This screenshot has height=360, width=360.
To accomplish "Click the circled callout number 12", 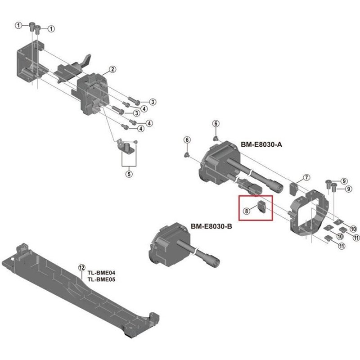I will [x=81, y=267].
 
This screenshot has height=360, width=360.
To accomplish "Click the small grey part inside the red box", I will [x=262, y=207].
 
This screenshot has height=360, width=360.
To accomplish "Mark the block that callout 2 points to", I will [x=94, y=92].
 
